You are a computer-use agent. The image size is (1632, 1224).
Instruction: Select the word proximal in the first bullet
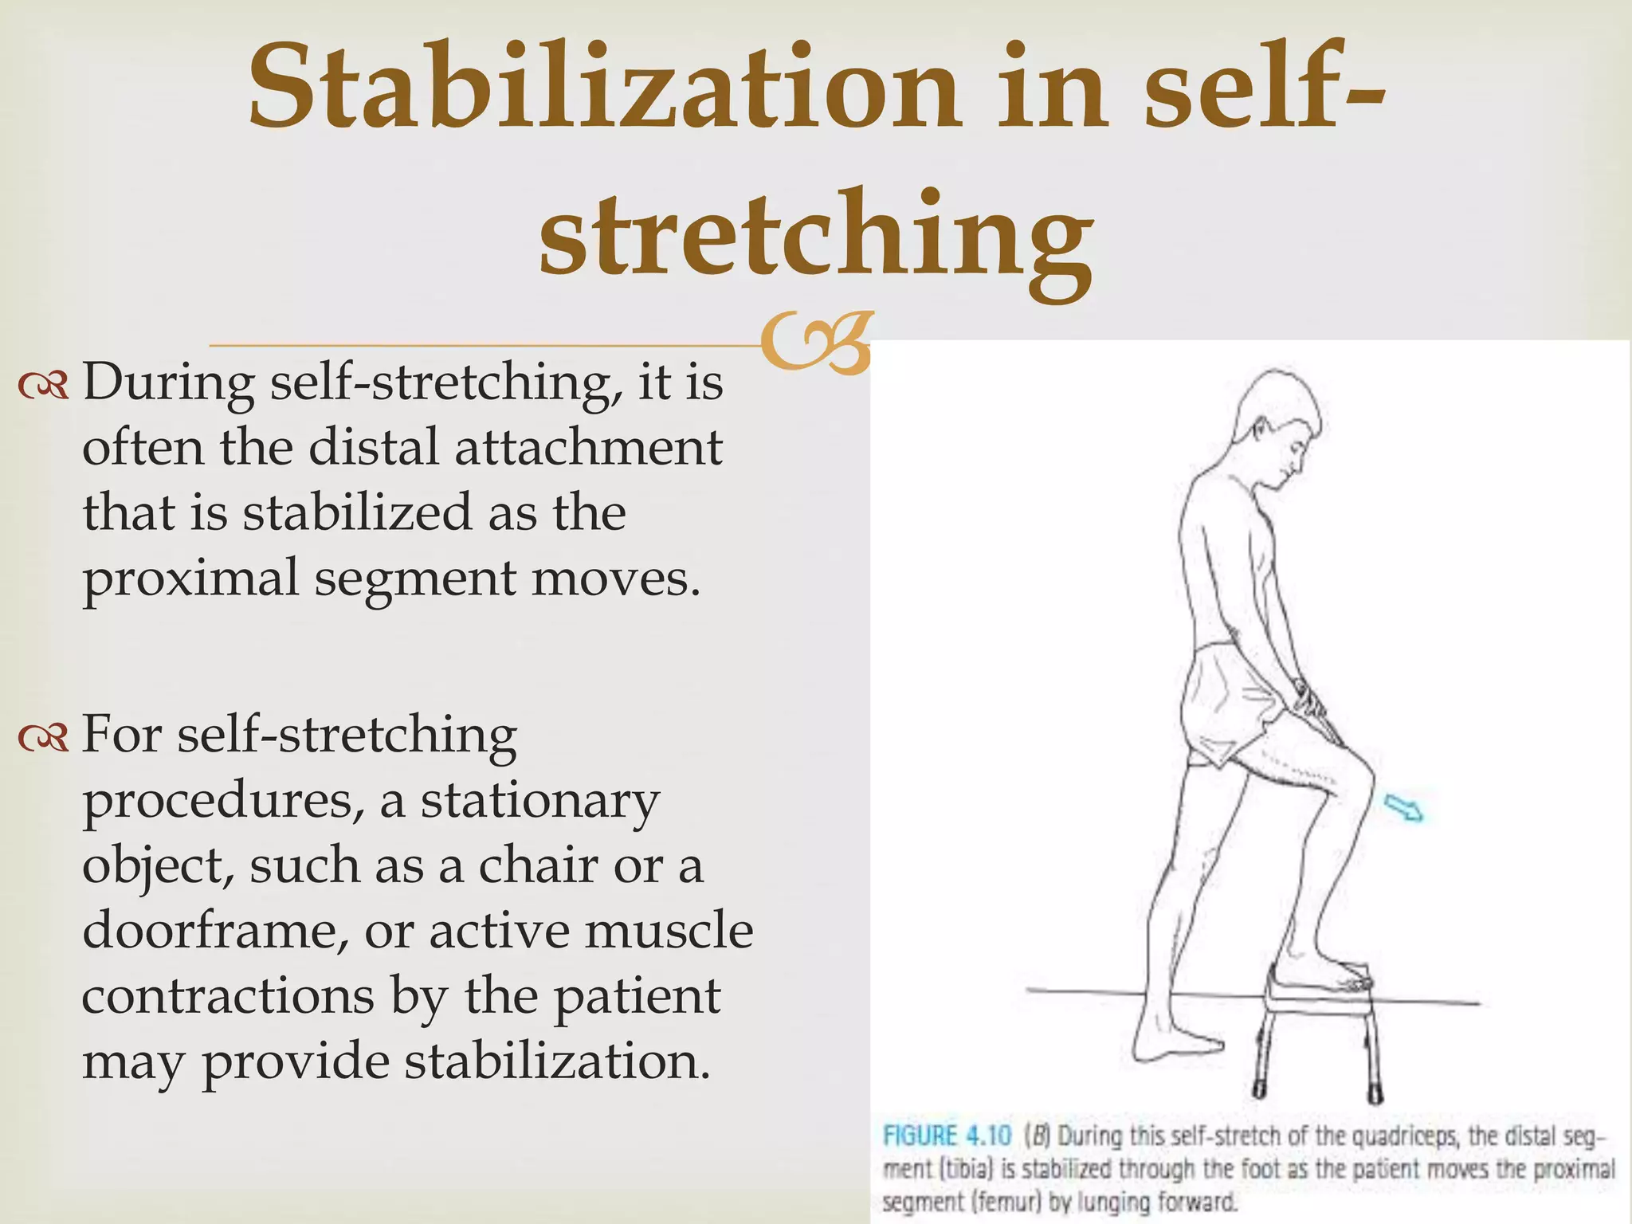click(190, 579)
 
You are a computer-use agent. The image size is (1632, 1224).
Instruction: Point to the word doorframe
click(214, 930)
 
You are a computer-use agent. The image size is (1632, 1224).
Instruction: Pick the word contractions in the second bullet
click(227, 995)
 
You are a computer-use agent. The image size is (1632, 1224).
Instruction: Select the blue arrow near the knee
click(1403, 808)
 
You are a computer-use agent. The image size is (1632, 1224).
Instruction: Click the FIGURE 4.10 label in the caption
click(947, 1135)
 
